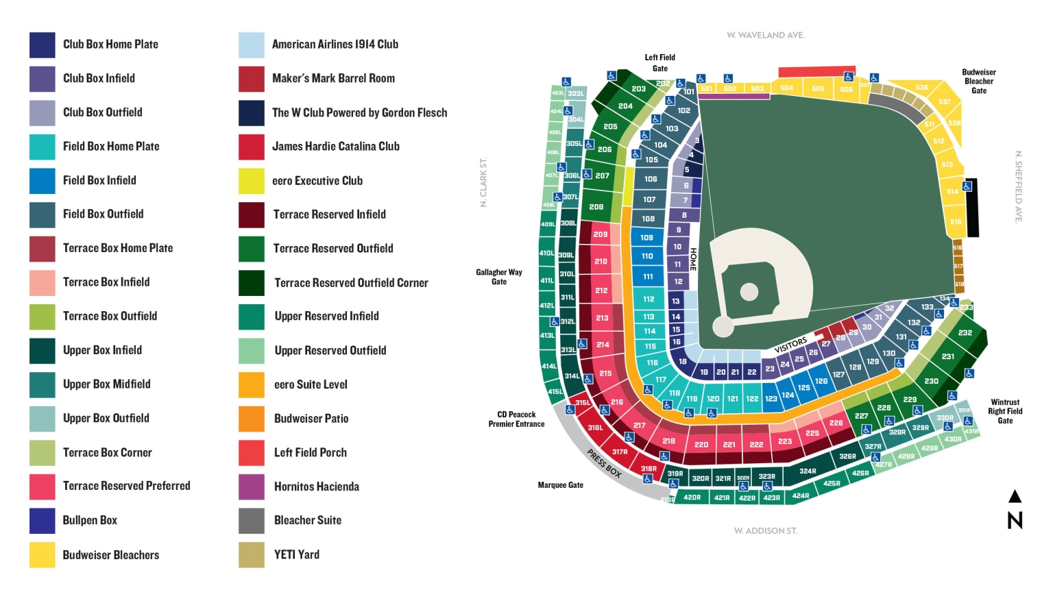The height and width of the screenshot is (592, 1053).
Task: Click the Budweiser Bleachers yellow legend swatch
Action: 42,555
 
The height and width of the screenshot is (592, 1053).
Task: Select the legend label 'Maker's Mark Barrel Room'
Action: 333,79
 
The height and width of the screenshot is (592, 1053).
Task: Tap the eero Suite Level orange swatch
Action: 251,385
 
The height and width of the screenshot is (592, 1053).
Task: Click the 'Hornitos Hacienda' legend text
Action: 316,486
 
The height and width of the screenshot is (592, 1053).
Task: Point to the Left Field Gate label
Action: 659,63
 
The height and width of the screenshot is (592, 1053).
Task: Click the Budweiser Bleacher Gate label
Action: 978,82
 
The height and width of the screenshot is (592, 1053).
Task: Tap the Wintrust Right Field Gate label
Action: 1004,412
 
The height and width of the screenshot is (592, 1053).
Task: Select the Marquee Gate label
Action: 560,485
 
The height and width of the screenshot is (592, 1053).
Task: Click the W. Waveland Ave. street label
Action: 765,35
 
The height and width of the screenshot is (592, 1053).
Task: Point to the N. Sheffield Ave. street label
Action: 1018,186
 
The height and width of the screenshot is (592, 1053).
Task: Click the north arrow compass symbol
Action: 1015,511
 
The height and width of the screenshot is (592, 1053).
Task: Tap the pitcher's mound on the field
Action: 749,292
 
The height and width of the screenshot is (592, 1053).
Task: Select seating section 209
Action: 601,234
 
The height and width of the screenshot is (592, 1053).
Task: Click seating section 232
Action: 965,333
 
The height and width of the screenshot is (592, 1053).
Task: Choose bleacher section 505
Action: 818,88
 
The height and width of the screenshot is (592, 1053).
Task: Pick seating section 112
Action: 649,299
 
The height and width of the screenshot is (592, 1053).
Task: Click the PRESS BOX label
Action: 603,463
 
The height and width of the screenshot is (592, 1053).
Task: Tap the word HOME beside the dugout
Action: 693,259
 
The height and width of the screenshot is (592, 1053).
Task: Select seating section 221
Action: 729,445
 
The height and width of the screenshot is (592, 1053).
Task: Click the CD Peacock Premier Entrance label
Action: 516,419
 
